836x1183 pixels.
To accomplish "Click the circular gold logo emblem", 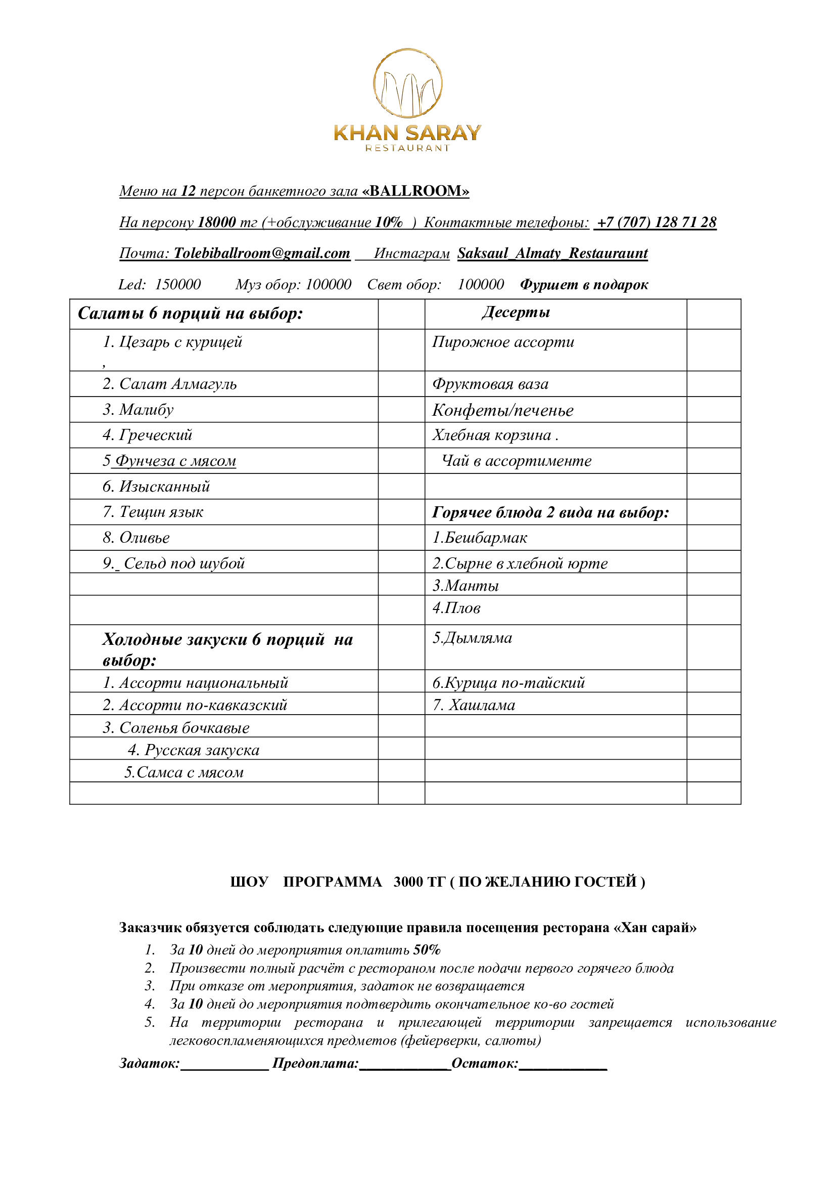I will tap(407, 83).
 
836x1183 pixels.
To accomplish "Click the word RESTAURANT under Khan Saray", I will tap(407, 148).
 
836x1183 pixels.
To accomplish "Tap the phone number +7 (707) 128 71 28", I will tap(656, 222).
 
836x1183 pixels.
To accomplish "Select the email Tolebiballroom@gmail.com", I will tap(261, 253).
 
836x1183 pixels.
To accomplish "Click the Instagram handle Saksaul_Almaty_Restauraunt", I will tap(552, 253).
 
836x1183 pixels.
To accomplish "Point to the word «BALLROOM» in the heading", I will tap(415, 191).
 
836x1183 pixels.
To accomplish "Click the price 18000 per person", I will tap(217, 222).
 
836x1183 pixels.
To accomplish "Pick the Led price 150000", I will tap(177, 284).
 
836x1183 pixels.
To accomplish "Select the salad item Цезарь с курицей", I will tap(180, 341).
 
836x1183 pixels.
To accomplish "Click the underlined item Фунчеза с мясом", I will tap(175, 461).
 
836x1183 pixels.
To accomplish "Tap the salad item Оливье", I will tap(144, 538).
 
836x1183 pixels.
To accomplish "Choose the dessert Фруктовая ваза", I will tap(490, 384).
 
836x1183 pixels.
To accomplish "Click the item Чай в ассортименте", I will tap(517, 461).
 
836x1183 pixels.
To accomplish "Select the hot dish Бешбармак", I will tap(480, 538).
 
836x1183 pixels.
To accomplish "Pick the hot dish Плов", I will tap(456, 608).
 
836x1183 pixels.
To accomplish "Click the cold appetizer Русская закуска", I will tap(201, 750).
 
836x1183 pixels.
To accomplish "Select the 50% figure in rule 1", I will tap(427, 950).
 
